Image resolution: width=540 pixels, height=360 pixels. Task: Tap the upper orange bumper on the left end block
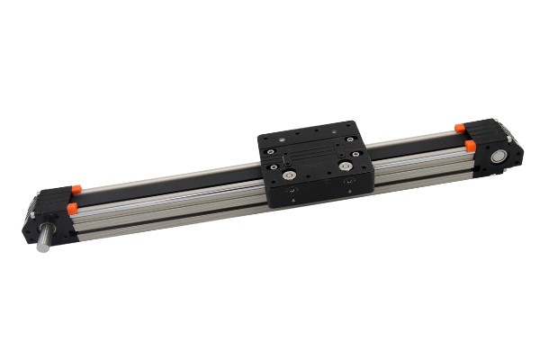76,188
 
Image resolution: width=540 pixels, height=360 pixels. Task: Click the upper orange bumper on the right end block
460,128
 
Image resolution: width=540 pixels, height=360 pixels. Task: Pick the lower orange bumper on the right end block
470,144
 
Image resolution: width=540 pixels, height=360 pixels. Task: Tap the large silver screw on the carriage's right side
346,165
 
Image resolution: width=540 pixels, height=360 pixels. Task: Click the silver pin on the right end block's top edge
509,134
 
